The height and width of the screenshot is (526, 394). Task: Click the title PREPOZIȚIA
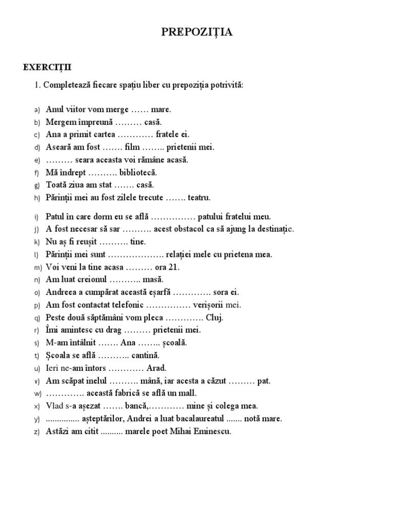click(197, 33)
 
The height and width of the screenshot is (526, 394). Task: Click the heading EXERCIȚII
click(48, 67)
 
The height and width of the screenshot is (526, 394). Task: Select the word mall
click(187, 393)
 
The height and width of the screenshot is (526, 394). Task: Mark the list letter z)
click(36, 432)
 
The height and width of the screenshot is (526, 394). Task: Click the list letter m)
click(37, 268)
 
